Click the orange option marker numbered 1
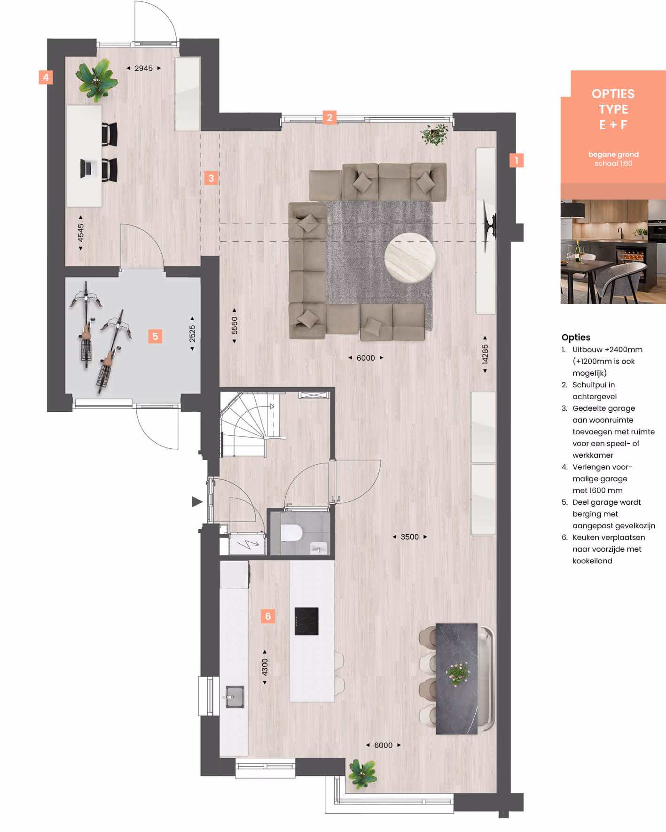tap(517, 160)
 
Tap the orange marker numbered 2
tap(329, 117)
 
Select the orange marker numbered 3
tap(211, 178)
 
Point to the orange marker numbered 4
tap(46, 77)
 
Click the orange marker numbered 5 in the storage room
tap(155, 336)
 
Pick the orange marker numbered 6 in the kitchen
tap(268, 616)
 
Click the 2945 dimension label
tap(143, 68)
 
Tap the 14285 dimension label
tap(485, 354)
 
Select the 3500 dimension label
tap(409, 537)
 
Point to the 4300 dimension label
tap(265, 667)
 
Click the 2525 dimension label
tap(192, 333)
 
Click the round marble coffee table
tap(410, 258)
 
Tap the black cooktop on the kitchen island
tap(306, 621)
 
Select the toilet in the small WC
tap(291, 533)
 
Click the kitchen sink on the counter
tap(235, 697)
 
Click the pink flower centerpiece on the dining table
tap(457, 674)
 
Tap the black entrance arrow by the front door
tap(197, 502)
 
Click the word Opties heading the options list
tap(576, 337)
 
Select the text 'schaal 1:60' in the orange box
tap(613, 163)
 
